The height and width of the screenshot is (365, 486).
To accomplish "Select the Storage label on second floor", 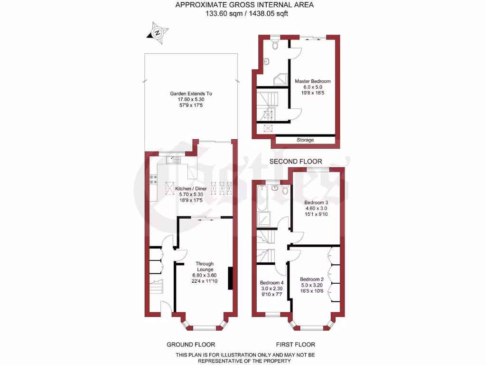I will click(305, 140).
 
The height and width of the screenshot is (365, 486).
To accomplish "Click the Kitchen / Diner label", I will click(191, 189).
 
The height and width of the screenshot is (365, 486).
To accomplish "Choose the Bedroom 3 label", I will click(316, 202).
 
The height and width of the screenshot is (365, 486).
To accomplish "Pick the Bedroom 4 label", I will click(271, 282).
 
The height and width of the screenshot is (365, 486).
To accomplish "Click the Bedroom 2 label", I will click(312, 279).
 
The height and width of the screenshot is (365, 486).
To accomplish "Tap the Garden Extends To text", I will click(191, 94).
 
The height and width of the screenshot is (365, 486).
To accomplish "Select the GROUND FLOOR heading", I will click(191, 345).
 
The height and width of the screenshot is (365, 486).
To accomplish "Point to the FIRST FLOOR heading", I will click(296, 345).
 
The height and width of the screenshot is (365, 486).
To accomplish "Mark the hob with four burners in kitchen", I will click(154, 180).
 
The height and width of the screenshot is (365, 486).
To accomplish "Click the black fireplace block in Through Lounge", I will click(231, 279).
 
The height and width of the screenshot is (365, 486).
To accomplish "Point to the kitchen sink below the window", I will click(175, 161).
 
